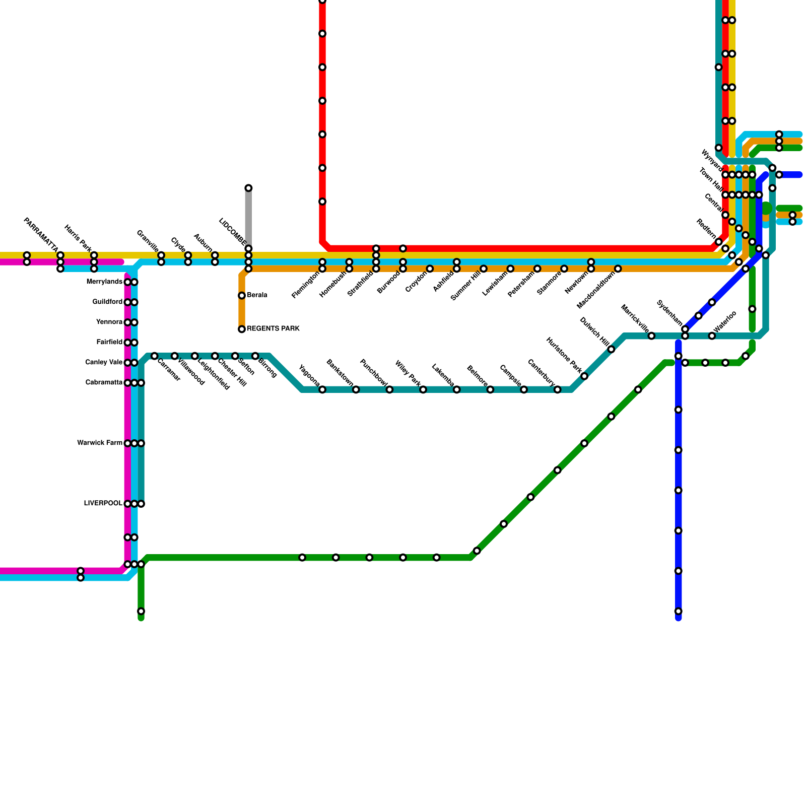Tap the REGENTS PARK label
click(x=273, y=329)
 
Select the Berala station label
click(x=257, y=295)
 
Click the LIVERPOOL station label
click(x=103, y=504)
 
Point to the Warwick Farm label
click(x=100, y=443)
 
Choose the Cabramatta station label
click(x=104, y=383)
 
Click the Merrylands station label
click(x=104, y=282)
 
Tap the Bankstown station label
click(x=340, y=373)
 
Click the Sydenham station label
click(x=669, y=313)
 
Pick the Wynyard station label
click(x=711, y=159)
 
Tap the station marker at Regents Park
click(x=242, y=329)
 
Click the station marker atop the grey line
click(x=248, y=188)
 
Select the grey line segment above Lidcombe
click(x=248, y=217)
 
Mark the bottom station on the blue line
click(x=679, y=612)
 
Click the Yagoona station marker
click(x=322, y=390)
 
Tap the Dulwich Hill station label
click(x=594, y=331)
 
